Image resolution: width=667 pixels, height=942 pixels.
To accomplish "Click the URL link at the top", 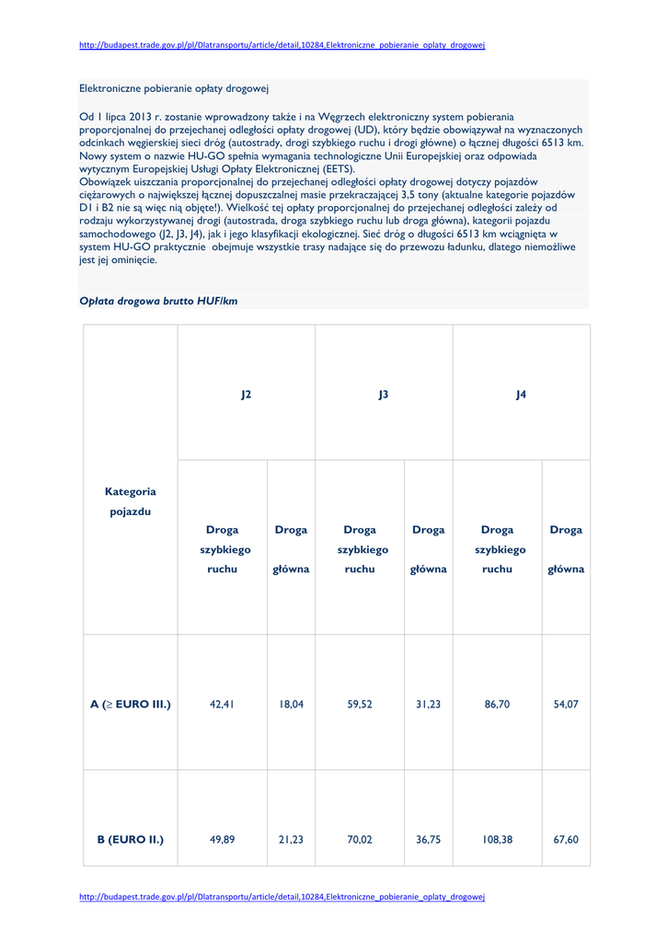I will point(282,45).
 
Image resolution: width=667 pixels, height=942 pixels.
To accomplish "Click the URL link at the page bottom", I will point(282,896).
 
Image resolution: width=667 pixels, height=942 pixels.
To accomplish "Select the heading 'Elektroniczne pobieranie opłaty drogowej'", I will point(173,88).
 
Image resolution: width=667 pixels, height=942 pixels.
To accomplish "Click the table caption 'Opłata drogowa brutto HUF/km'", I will point(158,301).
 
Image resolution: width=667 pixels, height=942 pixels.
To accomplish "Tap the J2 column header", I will point(246,394).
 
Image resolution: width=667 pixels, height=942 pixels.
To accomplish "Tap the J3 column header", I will point(384,394).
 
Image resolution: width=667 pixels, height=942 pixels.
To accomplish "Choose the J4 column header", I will point(521,394).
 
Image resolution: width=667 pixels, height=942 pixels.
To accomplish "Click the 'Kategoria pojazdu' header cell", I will point(131,501).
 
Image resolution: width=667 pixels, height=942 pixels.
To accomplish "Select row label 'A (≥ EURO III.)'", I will point(131,705).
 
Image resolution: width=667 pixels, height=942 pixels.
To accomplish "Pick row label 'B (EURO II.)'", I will point(131,839).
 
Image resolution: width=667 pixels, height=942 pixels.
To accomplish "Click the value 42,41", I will point(222,705).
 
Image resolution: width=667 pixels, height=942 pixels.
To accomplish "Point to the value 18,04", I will point(291,705).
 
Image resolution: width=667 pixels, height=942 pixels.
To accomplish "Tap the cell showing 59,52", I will point(360,705).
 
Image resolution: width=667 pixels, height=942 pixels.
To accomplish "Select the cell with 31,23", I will point(428,705).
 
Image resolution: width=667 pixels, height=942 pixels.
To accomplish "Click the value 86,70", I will point(497,705).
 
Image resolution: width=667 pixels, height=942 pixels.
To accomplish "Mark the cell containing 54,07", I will point(566,705).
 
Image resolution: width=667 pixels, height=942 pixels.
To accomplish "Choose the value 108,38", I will point(497,839).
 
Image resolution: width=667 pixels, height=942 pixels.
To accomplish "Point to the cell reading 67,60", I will point(566,839).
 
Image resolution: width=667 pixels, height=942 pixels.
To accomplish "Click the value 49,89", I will point(222,839).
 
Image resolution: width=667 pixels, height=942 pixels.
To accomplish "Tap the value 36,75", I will point(428,839).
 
